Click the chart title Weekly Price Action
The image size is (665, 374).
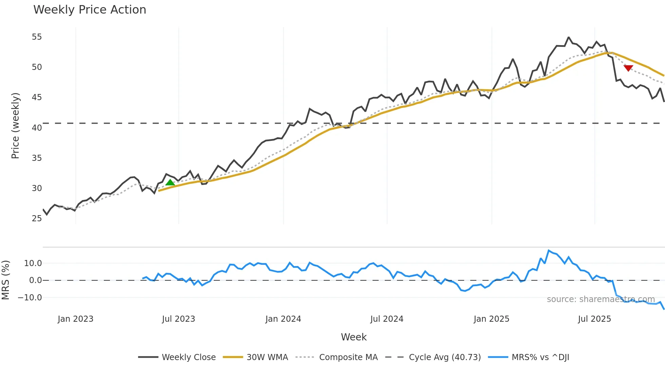click(90, 10)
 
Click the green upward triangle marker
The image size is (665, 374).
click(170, 183)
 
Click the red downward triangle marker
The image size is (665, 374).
click(628, 68)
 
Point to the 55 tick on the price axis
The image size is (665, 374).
click(37, 37)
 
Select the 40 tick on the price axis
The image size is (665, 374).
click(37, 128)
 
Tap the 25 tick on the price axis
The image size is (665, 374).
click(37, 219)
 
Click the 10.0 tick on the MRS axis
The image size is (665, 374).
click(33, 263)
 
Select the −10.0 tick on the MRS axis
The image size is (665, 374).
click(30, 298)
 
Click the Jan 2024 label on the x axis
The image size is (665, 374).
click(283, 319)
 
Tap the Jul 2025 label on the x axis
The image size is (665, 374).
click(594, 319)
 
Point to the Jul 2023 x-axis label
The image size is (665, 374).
click(178, 319)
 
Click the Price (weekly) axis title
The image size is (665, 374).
click(15, 126)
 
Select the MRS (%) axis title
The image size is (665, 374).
click(5, 280)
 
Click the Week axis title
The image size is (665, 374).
click(354, 337)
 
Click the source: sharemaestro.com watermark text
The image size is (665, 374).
click(601, 299)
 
